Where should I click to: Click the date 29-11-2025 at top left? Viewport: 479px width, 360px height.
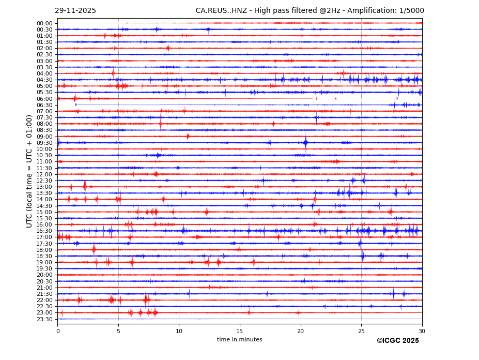(75, 11)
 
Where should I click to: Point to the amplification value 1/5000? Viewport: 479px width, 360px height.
(411, 11)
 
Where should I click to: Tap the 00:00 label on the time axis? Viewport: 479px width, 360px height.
(44, 23)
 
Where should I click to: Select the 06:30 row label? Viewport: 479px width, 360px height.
(44, 105)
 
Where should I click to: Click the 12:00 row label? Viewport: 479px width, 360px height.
(44, 174)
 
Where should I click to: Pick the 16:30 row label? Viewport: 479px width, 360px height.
(44, 231)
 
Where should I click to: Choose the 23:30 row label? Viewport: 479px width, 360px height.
(44, 319)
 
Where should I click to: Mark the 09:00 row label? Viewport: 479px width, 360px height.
(44, 137)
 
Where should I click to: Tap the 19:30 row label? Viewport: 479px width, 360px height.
(44, 269)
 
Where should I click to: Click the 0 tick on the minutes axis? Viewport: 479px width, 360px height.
(58, 331)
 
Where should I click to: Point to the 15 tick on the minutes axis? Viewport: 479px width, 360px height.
(240, 331)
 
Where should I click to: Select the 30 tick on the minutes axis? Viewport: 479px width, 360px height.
(422, 331)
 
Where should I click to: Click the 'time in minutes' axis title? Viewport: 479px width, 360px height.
(239, 340)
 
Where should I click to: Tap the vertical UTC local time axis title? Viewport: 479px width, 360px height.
(29, 171)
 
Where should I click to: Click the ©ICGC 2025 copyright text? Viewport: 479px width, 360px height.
(397, 341)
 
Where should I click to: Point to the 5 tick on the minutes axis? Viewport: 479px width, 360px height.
(118, 331)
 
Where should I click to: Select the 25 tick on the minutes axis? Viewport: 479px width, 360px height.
(361, 331)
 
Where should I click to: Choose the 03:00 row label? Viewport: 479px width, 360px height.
(44, 61)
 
